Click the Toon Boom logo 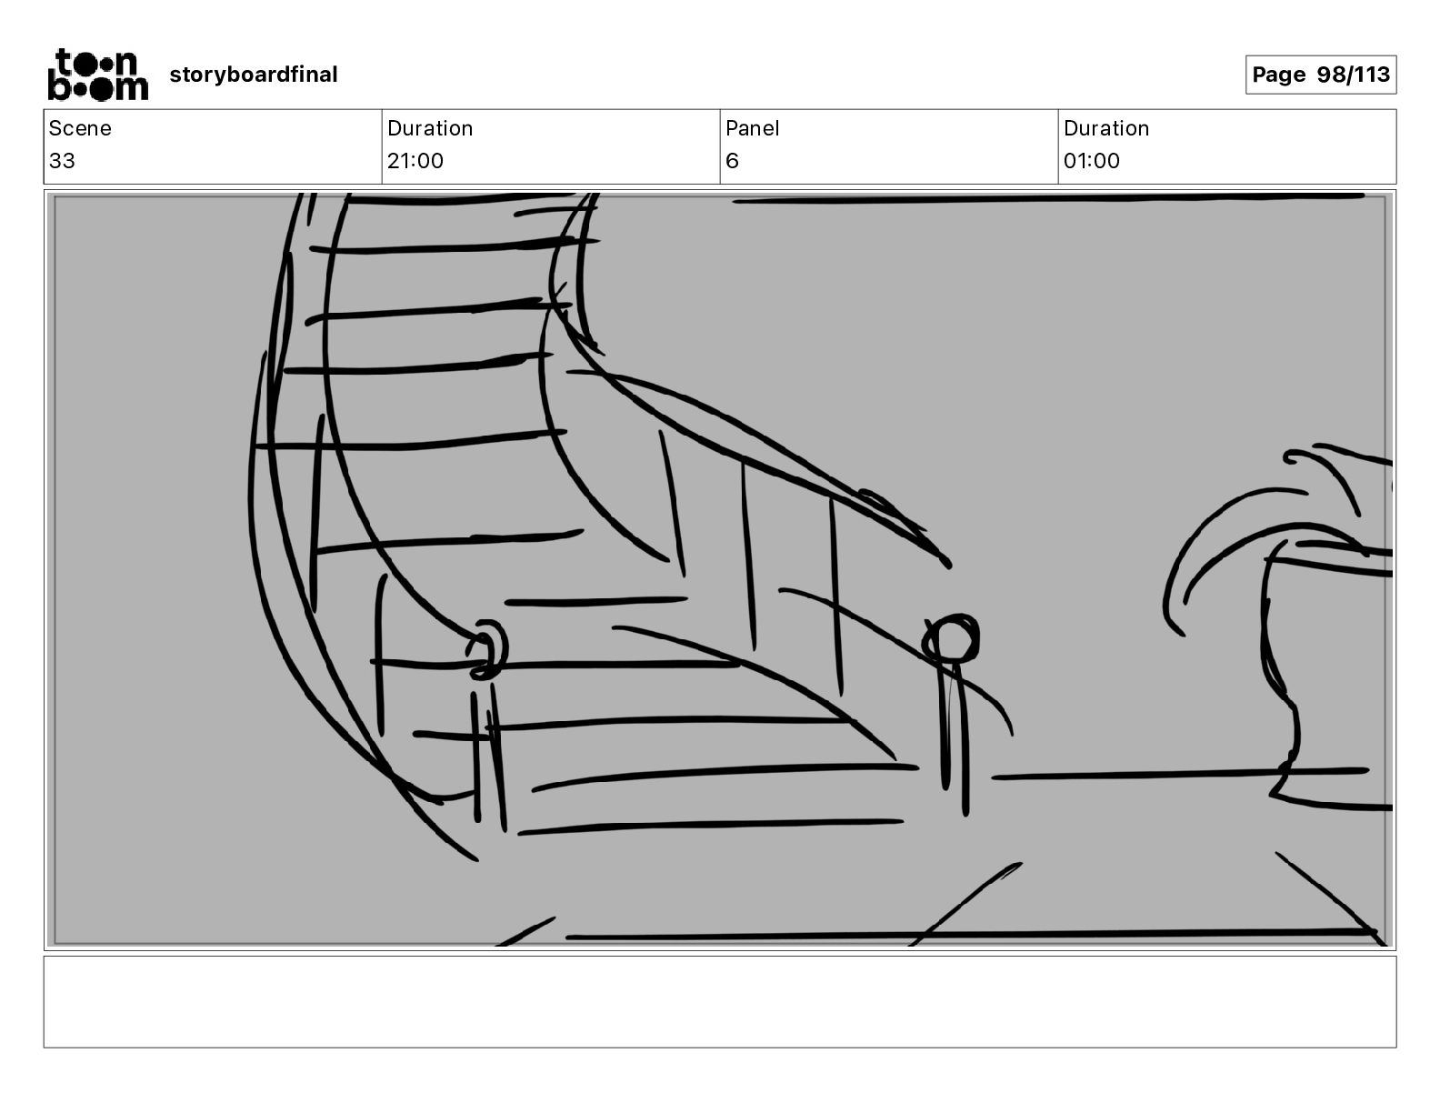pos(97,75)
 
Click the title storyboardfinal pos(253,75)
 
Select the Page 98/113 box pos(1320,75)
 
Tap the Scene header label pos(80,128)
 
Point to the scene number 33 pos(62,161)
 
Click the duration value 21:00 pos(415,161)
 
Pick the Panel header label pos(752,128)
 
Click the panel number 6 pos(732,161)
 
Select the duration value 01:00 pos(1092,161)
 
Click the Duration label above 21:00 pos(430,128)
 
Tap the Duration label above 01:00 pos(1106,128)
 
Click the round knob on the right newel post pos(952,638)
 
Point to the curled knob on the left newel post pos(489,649)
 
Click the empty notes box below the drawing pos(719,1001)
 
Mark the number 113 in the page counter pos(1372,75)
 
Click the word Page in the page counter pos(1278,75)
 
